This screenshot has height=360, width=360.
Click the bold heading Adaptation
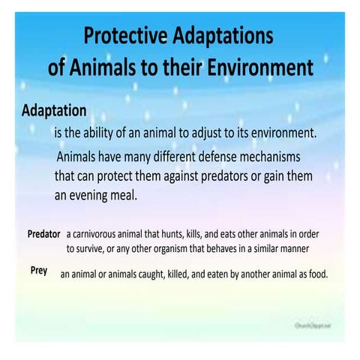54,111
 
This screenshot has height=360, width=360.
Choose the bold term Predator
43,234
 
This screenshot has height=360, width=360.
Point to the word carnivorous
100,234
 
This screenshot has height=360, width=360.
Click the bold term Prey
39,269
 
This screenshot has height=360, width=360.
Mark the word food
317,274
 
